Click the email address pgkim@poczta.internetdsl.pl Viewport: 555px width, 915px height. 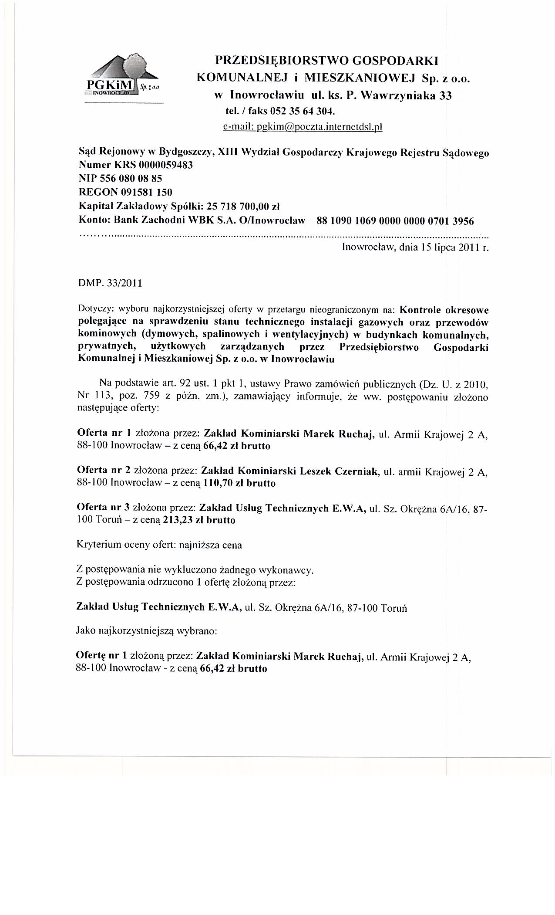302,127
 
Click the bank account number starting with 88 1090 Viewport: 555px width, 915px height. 395,221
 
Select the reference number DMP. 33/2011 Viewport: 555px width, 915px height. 110,283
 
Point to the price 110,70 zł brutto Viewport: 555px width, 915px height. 239,483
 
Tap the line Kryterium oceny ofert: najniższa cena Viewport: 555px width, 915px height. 159,545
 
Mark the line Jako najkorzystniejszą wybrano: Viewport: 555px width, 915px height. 146,630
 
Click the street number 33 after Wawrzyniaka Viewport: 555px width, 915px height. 445,95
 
